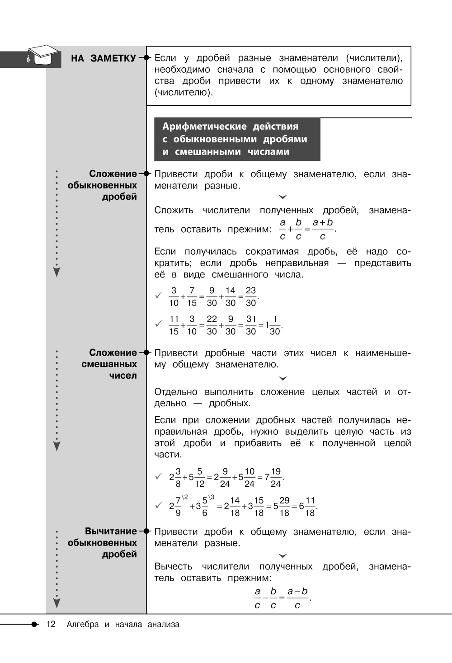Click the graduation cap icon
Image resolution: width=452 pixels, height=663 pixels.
point(43,56)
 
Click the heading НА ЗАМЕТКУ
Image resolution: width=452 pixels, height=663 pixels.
point(103,58)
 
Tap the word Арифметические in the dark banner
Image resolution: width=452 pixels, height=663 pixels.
point(205,127)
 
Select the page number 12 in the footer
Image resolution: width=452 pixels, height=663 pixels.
point(51,624)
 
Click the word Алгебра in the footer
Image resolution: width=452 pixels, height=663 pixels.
point(82,624)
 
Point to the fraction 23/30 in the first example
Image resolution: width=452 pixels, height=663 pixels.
point(250,297)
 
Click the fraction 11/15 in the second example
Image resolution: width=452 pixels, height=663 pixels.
point(174,325)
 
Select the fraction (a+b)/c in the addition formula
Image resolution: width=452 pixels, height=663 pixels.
point(323,229)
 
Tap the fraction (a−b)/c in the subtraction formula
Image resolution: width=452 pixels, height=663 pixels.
point(297,598)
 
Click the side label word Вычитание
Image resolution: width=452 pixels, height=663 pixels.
point(111,531)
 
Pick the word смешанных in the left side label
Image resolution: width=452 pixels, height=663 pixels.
point(109,364)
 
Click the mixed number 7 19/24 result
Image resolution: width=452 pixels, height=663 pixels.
point(273,478)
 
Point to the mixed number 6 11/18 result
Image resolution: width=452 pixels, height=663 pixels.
point(307,507)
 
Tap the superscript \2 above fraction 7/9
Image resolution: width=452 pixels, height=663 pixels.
point(185,497)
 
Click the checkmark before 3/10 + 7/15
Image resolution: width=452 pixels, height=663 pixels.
point(159,296)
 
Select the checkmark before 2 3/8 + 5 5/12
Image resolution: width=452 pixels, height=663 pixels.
point(159,476)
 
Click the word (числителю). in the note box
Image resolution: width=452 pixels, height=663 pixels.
point(184,93)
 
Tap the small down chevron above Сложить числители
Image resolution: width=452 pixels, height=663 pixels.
point(283,197)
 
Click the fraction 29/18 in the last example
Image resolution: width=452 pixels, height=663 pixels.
point(284,507)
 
